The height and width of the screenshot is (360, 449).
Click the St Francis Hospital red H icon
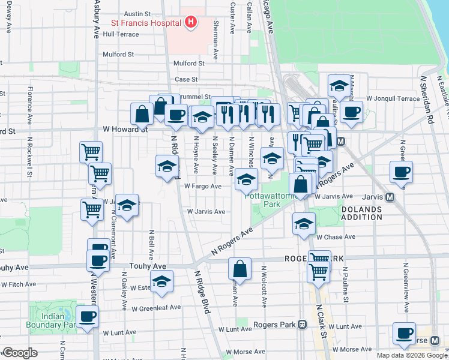(191, 23)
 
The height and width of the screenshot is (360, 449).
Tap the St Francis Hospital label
(146, 23)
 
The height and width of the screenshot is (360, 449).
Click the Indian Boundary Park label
(51, 320)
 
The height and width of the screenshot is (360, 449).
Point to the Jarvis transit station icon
(390, 196)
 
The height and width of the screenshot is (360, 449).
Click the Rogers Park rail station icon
(302, 325)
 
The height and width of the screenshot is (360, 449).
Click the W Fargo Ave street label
(203, 187)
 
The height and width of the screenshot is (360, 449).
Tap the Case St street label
(186, 79)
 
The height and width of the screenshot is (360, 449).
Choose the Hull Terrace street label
(121, 34)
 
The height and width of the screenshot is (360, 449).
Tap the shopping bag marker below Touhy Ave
(240, 269)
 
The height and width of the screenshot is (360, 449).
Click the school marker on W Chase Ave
(304, 223)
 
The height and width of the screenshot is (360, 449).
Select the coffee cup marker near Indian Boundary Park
(87, 317)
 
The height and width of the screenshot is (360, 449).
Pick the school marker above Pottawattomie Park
(246, 179)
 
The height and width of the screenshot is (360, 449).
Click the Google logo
(20, 353)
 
